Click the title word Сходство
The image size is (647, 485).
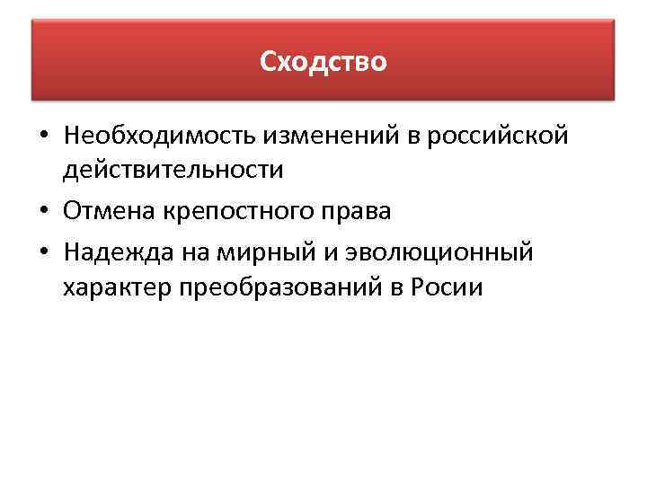(x=323, y=62)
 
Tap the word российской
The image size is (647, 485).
(x=497, y=136)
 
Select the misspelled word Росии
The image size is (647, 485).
(x=450, y=287)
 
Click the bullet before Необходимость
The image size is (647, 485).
(x=43, y=137)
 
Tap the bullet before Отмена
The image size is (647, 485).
(x=43, y=213)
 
